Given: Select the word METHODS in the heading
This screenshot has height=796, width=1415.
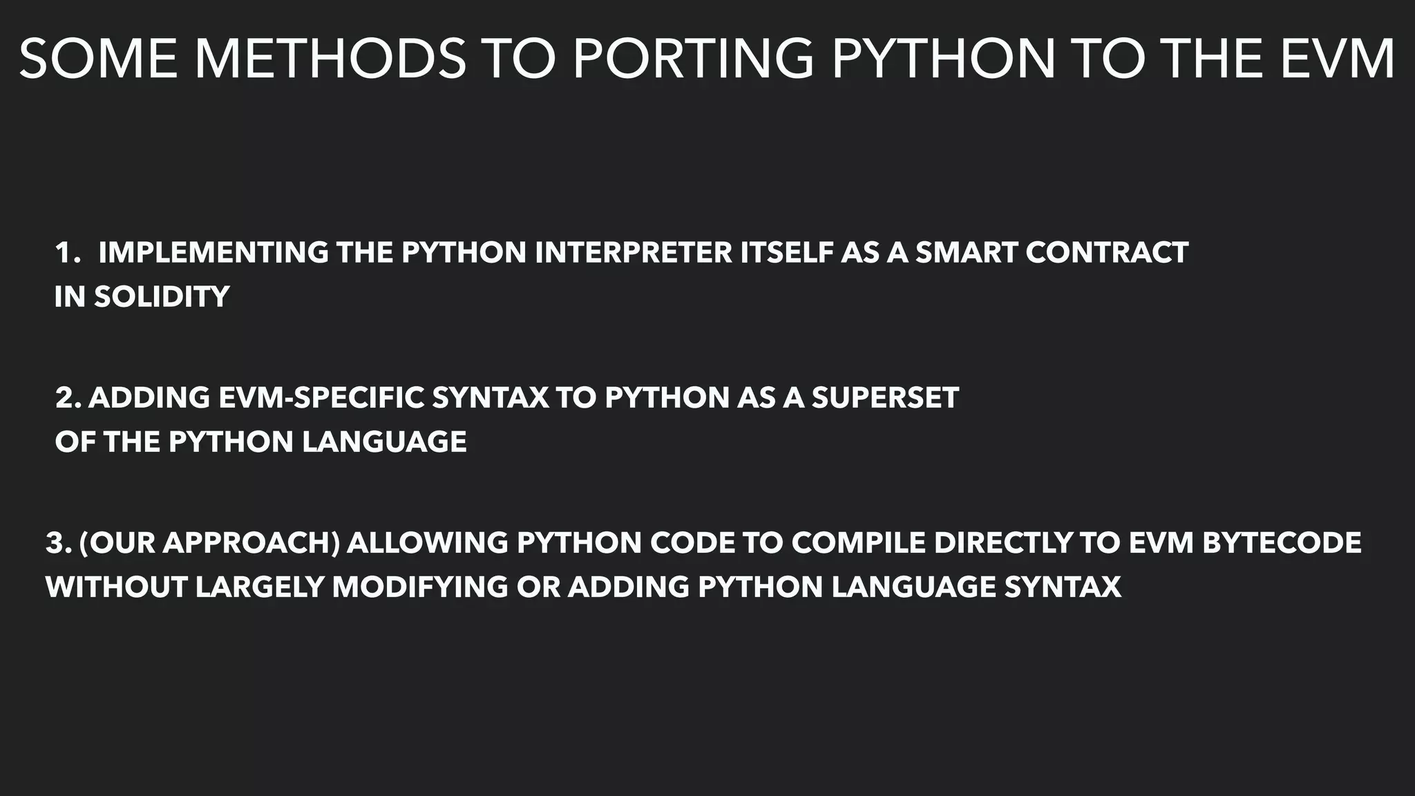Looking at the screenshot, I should (x=330, y=59).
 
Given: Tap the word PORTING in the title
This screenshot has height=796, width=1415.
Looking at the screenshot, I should (x=694, y=59).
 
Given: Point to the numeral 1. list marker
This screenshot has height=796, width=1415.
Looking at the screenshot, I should (x=68, y=253).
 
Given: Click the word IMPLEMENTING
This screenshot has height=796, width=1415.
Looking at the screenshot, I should (x=213, y=253).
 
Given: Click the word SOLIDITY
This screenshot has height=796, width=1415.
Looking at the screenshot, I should (x=162, y=297).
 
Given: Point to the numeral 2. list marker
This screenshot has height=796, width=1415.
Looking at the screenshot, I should (x=68, y=398).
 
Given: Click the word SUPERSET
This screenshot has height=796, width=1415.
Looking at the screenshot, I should (x=885, y=398).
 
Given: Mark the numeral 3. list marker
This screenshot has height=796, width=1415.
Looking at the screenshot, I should (x=59, y=543).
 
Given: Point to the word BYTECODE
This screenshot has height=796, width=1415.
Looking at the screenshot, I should (x=1282, y=543).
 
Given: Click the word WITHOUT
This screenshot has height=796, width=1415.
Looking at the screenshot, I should (x=116, y=587).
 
